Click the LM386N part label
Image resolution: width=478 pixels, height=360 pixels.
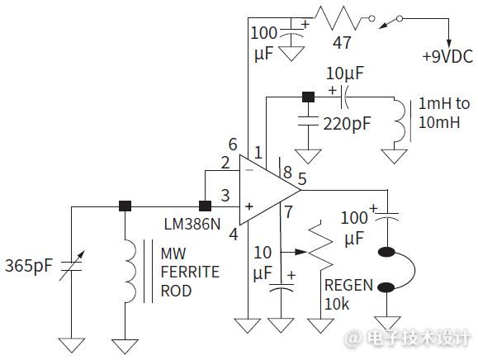pos(192,225)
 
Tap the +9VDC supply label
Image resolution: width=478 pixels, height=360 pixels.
pos(447,57)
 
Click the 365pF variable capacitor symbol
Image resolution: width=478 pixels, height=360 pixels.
pos(71,266)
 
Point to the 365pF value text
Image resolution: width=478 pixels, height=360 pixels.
pos(29,266)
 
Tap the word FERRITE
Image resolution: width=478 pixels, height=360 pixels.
pos(190,272)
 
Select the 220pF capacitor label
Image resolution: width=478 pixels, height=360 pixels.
pos(347,124)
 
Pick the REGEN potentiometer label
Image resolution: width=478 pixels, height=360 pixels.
pos(348,286)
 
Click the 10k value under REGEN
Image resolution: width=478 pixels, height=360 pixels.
pos(337,304)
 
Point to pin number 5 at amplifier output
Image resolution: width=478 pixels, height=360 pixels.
pos(302,179)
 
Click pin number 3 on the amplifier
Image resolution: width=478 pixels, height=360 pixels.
pos(225,196)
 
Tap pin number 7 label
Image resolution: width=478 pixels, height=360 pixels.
pos(288,212)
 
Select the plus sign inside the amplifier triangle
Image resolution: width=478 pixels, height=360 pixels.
pos(249,206)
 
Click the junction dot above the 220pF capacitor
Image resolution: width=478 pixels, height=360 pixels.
pos(308,97)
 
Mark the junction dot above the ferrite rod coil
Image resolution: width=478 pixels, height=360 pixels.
pos(125,206)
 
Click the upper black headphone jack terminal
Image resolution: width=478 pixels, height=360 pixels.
pos(386,253)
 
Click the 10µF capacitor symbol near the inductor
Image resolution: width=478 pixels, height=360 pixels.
pos(344,97)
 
